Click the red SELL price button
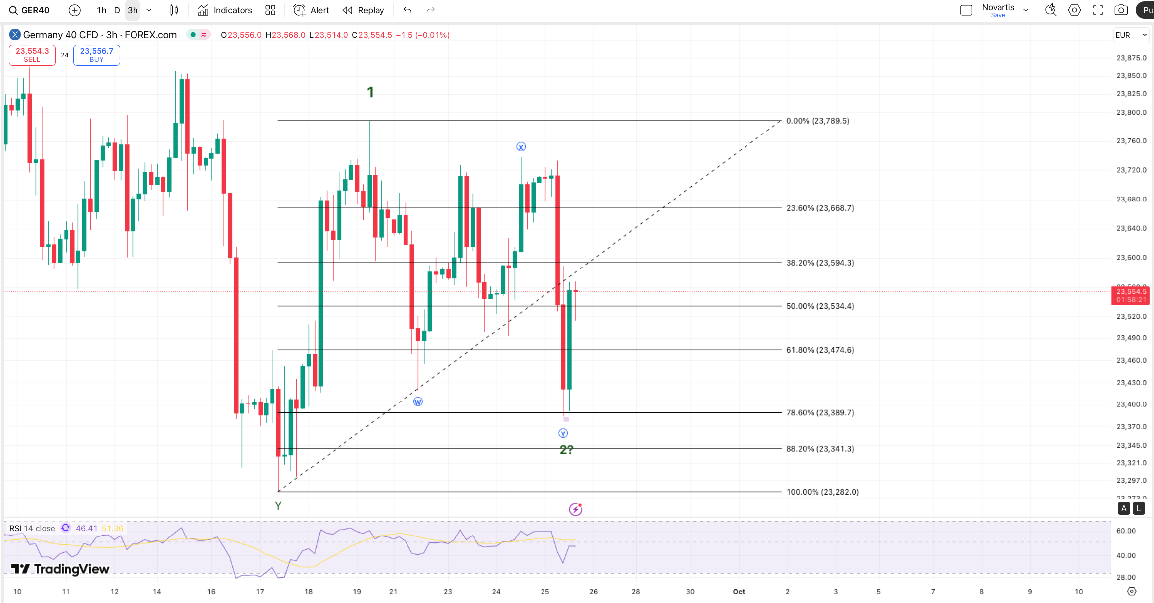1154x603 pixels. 32,55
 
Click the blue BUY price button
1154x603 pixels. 97,55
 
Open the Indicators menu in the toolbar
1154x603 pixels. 225,10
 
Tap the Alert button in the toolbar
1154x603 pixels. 311,10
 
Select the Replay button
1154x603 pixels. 363,10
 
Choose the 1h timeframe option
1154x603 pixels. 102,10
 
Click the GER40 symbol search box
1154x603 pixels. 30,10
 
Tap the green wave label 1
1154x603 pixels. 370,92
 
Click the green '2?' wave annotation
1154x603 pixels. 566,450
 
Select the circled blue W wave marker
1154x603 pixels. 418,402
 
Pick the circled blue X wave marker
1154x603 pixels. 521,147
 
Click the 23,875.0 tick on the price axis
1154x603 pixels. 1131,58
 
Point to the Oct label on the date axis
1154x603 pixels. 739,591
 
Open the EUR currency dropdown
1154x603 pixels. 1131,35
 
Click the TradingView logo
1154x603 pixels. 60,569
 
